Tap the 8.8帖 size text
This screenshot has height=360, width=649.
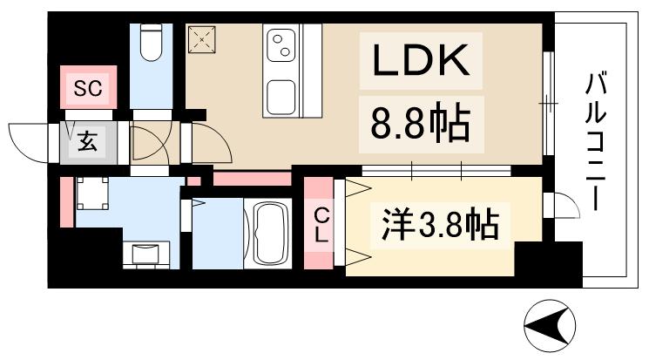pos(421,125)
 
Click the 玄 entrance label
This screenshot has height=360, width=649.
pos(89,140)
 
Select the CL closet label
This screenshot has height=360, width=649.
pos(321,224)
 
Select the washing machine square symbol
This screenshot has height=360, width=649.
pos(91,193)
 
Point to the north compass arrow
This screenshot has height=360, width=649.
pos(549,326)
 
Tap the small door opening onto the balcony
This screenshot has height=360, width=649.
pos(560,206)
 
